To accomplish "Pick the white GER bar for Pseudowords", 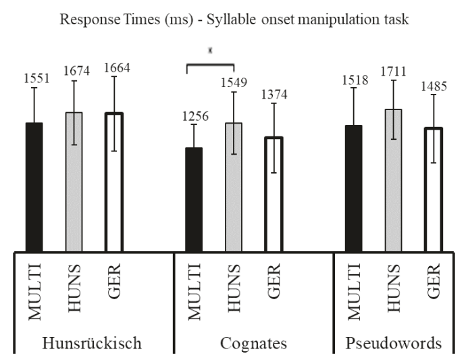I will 432,189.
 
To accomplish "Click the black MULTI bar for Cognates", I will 194,199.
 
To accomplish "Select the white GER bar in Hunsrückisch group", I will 113,182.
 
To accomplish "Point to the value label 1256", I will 194,116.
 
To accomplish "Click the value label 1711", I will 393,71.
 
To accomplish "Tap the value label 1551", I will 34,78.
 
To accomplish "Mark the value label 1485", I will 432,86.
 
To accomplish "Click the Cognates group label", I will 253,343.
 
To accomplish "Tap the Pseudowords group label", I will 404,343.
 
